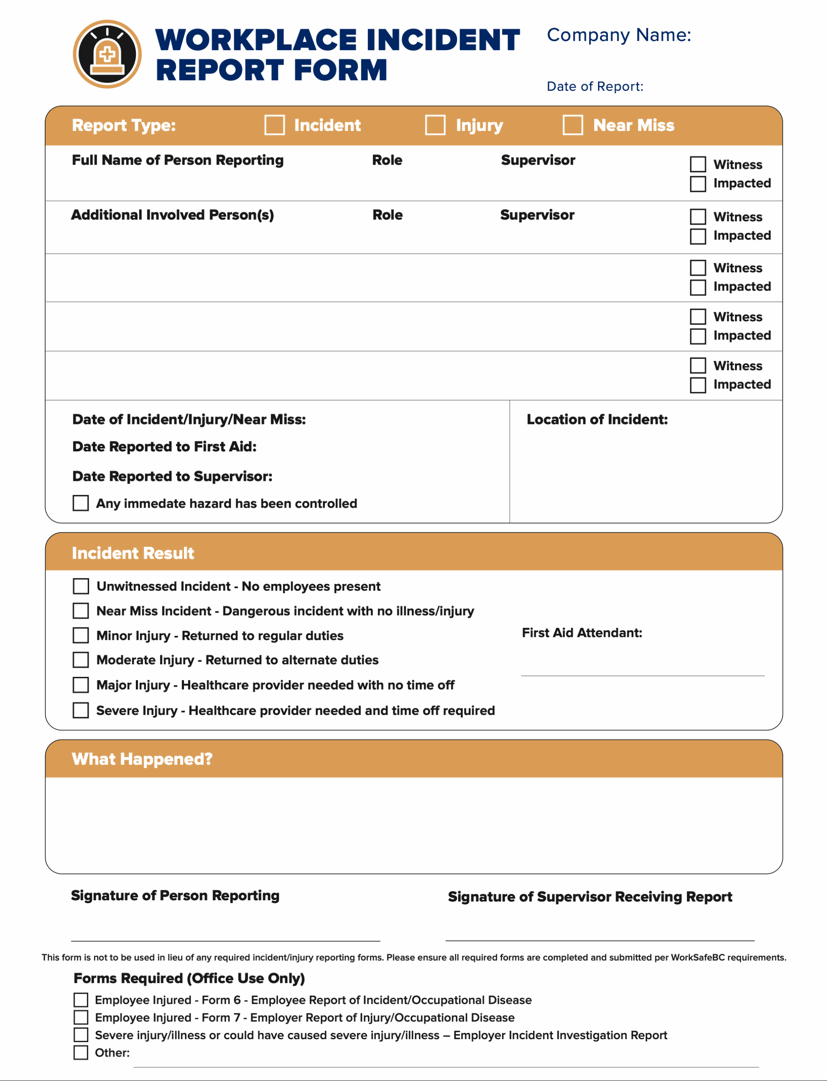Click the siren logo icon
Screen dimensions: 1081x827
point(107,54)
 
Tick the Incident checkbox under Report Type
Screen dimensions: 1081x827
point(274,125)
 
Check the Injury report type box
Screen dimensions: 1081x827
point(435,125)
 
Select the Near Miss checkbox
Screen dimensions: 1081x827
point(573,125)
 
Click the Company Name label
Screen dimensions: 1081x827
point(618,35)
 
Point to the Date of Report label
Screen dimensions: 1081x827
point(595,87)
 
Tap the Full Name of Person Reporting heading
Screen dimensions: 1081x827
point(178,160)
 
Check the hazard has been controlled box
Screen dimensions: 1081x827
point(81,503)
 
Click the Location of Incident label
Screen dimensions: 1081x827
point(597,419)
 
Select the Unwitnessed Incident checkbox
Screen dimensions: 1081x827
point(81,587)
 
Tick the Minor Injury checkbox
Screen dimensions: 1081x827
point(81,635)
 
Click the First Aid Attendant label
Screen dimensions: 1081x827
point(582,633)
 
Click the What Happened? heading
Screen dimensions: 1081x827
point(142,759)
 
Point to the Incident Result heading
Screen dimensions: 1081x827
point(133,553)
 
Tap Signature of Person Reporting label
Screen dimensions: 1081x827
point(175,895)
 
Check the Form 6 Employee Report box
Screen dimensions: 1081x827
point(81,1000)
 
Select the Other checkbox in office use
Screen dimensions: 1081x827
point(81,1052)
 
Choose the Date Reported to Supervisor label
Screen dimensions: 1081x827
point(172,476)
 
